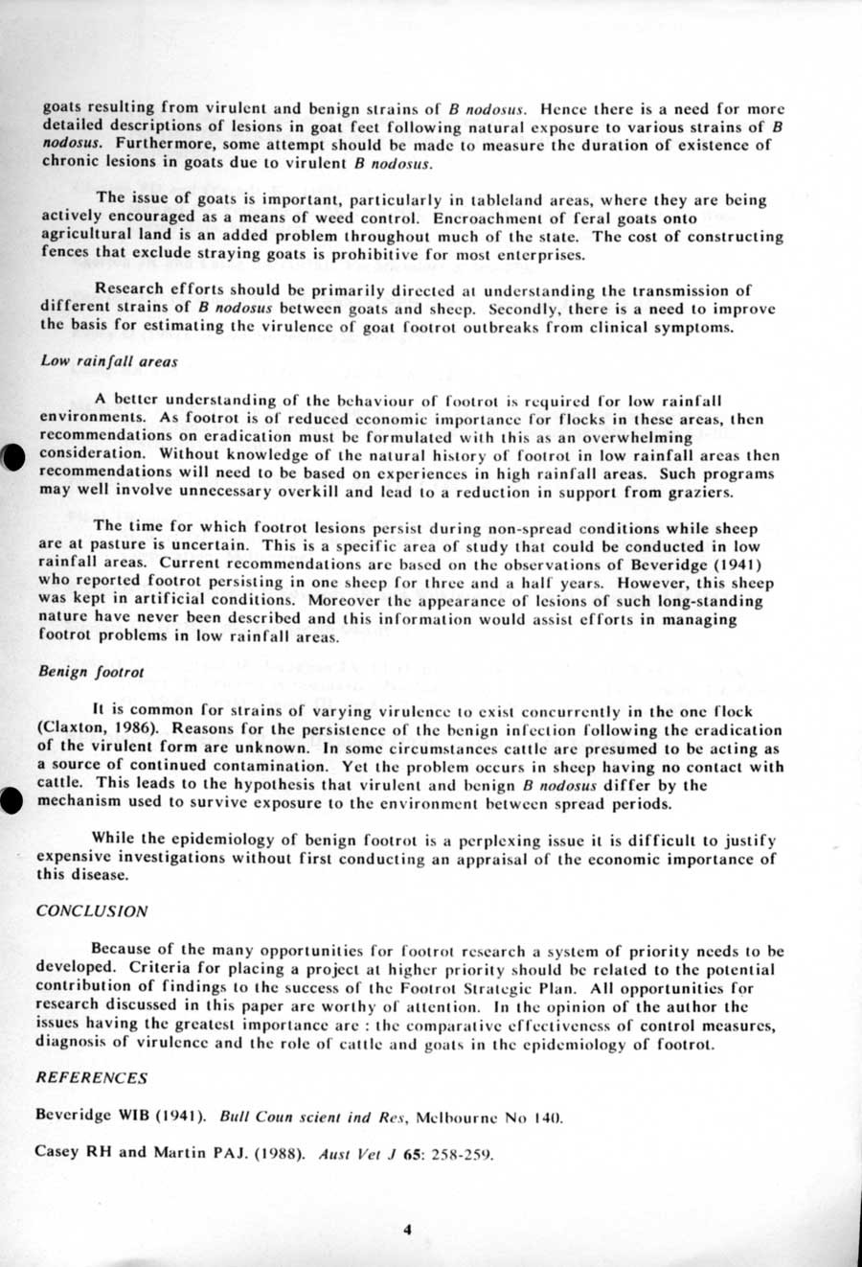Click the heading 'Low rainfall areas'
click(108, 361)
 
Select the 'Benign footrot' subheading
click(91, 672)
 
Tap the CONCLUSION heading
click(92, 911)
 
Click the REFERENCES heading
click(92, 1077)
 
